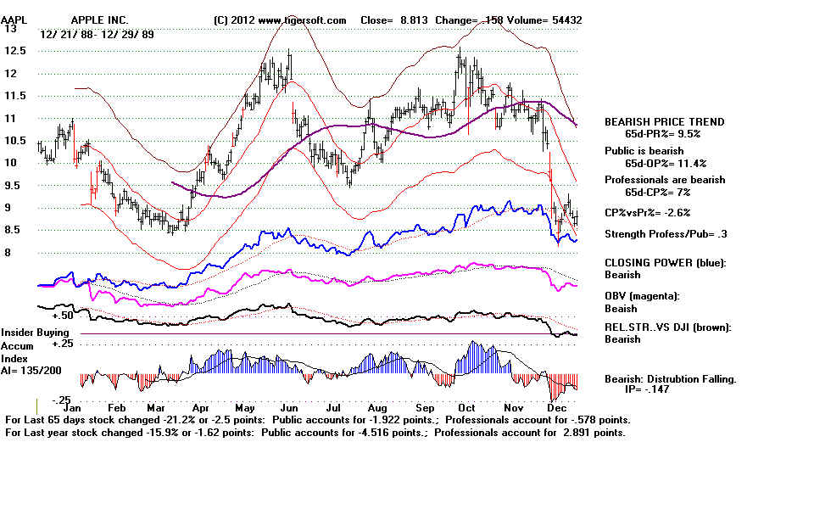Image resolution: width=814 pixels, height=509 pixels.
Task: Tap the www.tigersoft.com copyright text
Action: click(x=281, y=20)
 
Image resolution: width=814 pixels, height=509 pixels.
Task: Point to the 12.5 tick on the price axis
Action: click(x=14, y=50)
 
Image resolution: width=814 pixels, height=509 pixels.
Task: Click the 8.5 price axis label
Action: click(x=14, y=230)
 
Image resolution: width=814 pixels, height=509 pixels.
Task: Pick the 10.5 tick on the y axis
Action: click(x=14, y=140)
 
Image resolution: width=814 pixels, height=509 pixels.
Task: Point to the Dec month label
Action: click(x=556, y=406)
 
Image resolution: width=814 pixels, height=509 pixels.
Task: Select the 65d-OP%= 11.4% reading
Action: click(x=666, y=163)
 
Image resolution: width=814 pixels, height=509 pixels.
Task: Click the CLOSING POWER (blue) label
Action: click(x=665, y=263)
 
